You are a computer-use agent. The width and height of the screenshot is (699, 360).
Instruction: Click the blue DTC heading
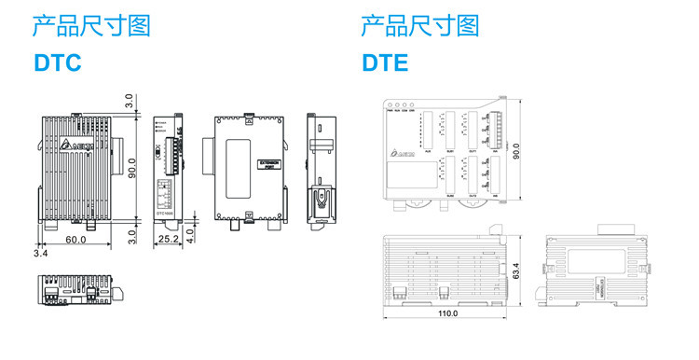point(58,63)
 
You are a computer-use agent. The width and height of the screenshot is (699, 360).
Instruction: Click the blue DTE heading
point(385,63)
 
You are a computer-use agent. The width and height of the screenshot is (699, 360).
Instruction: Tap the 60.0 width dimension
point(75,241)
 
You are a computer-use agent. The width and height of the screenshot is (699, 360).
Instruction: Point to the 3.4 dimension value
point(40,253)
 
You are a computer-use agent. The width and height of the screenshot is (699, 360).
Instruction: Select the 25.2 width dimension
point(169,241)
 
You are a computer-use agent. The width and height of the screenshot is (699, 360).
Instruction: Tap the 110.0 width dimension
point(447,313)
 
